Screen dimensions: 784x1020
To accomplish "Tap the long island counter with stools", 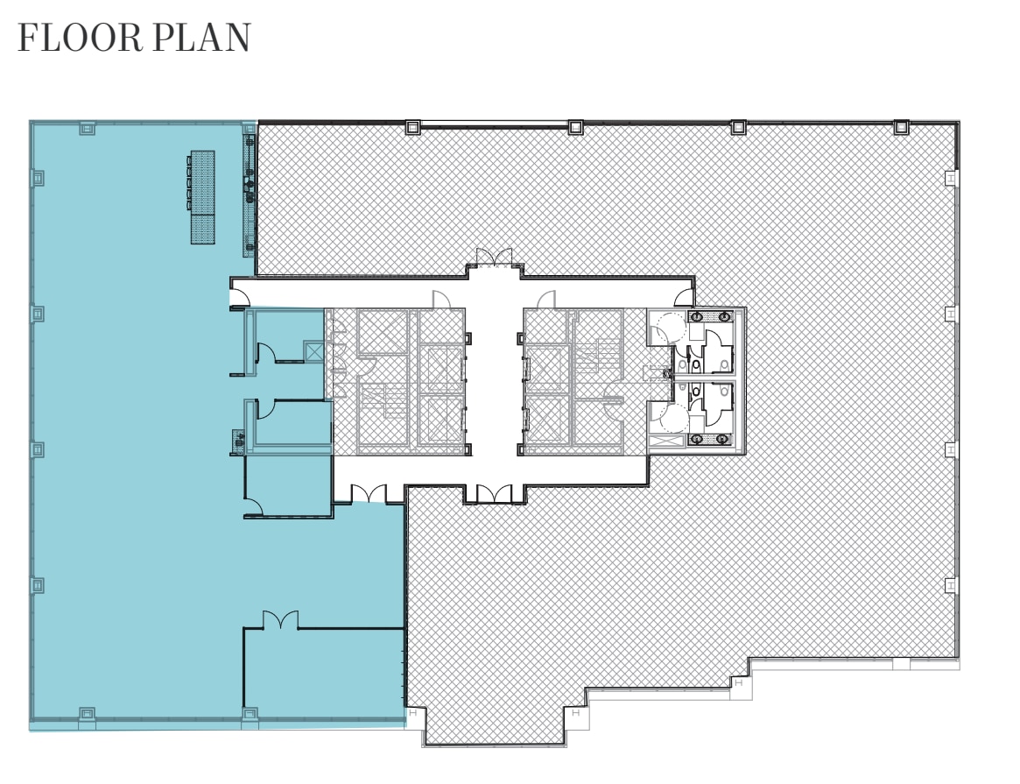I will coord(202,197).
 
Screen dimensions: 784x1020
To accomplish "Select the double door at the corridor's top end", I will coord(493,258).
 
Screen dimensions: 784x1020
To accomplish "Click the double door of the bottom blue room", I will coord(280,620).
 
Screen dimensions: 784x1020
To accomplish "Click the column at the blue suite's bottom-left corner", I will coord(87,714).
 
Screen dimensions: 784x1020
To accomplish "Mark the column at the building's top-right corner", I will coord(900,127).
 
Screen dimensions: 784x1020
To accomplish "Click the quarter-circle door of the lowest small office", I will coord(254,504).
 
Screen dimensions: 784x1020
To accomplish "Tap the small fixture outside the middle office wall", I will coord(238,441).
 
